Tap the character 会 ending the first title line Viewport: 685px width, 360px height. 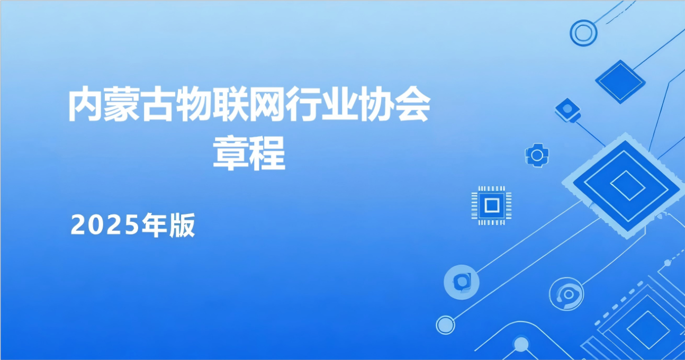pos(411,106)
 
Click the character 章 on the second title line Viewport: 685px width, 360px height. pos(231,153)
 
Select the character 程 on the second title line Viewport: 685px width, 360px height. pos(267,153)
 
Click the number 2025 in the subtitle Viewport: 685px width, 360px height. pos(105,226)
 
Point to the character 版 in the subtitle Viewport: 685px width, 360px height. pos(182,226)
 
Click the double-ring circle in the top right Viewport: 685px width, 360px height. pos(583,33)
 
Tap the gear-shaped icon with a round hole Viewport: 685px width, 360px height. pos(537,155)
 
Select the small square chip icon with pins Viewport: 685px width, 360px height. pos(491,205)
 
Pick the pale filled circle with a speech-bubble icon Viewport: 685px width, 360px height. pos(462,281)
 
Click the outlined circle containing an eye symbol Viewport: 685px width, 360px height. pos(566,295)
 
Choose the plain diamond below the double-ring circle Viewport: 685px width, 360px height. pos(620,82)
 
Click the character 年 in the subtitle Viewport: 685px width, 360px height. pos(155,226)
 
